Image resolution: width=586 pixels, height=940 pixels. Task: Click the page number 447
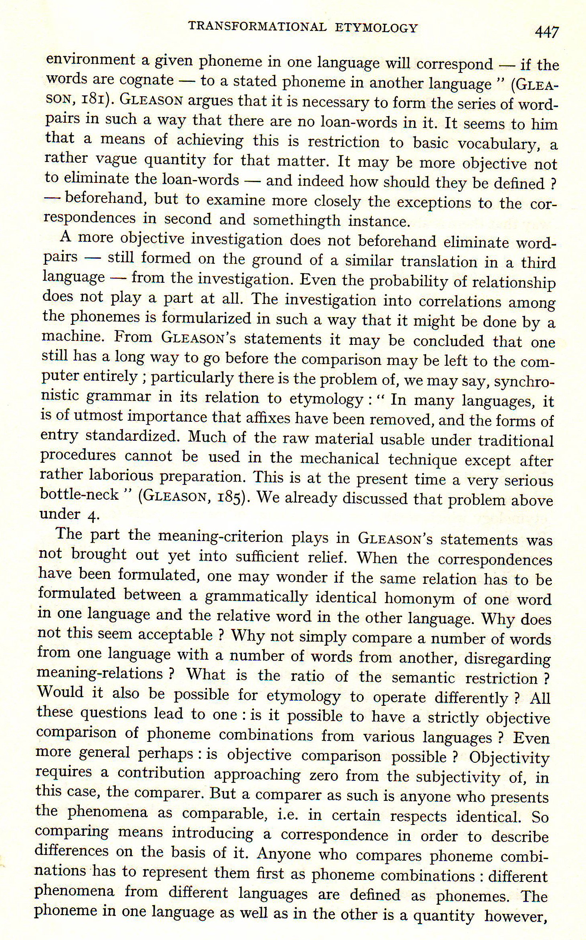click(546, 31)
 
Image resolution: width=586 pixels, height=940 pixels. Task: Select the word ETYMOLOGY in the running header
click(376, 28)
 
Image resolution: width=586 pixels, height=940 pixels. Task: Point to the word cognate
click(147, 80)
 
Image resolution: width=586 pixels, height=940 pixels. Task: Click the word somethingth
click(296, 220)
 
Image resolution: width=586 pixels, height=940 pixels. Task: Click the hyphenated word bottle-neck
click(80, 494)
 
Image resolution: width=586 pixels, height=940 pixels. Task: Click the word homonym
click(420, 598)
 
